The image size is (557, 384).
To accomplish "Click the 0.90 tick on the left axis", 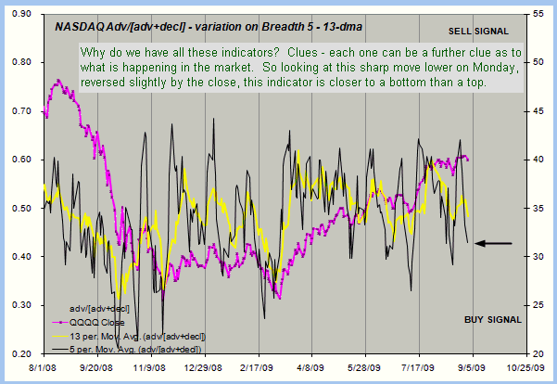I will coord(19,14).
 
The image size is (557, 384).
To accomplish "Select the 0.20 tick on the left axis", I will coord(19,353).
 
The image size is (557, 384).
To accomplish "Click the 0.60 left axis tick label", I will coord(19,160).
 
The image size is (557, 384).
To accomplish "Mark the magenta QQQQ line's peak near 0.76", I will coord(58,82).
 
